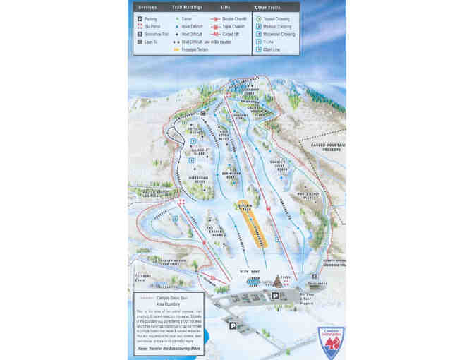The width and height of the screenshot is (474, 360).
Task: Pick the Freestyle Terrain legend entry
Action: (195, 49)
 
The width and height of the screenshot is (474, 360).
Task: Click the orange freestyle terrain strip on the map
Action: (253, 227)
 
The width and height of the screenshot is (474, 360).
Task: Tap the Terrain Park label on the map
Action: (245, 208)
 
